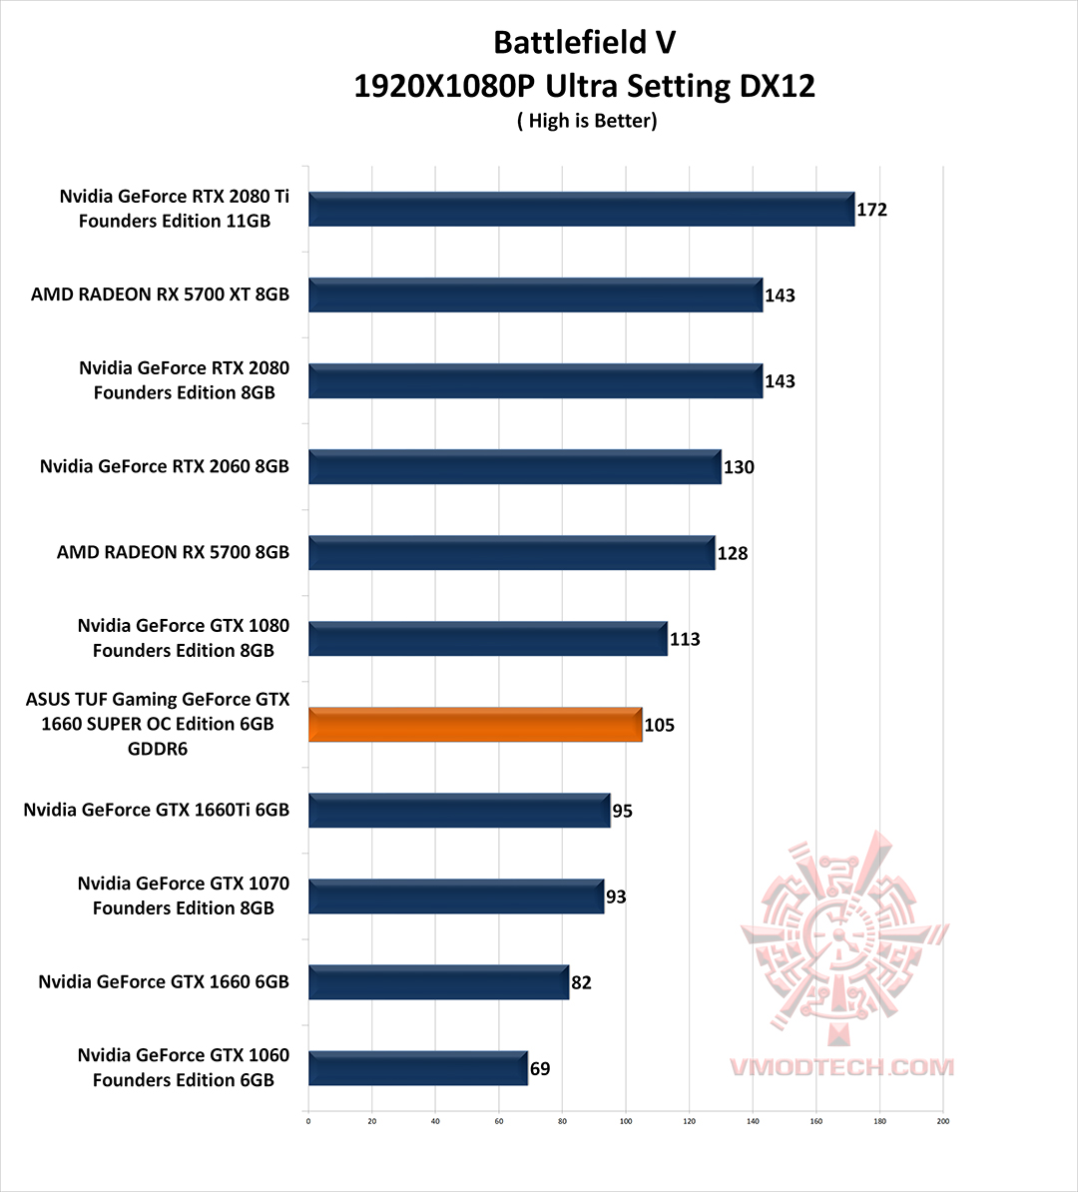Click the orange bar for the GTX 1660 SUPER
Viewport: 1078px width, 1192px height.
click(x=475, y=725)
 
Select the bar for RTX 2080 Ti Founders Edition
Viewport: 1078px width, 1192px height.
click(x=581, y=210)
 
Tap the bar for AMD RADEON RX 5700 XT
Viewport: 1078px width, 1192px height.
click(x=535, y=296)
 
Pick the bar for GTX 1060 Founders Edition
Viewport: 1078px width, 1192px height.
click(x=417, y=1068)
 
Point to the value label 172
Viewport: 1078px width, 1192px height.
click(x=871, y=210)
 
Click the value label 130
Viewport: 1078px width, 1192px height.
click(x=739, y=467)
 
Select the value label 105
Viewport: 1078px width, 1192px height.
click(x=660, y=725)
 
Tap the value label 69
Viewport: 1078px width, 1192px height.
click(x=540, y=1068)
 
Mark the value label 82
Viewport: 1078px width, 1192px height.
click(x=581, y=982)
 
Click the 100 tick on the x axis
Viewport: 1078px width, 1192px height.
click(x=626, y=1121)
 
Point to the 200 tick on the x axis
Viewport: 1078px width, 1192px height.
click(x=943, y=1121)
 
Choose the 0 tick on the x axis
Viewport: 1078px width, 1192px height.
click(x=308, y=1121)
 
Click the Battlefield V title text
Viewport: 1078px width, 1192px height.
click(x=584, y=43)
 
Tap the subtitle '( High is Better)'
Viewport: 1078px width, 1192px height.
click(x=586, y=121)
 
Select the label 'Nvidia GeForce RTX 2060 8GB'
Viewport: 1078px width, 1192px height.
click(x=165, y=466)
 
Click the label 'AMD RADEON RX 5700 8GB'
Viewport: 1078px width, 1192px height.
click(x=173, y=552)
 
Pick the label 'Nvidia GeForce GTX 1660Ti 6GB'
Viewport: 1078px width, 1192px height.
click(x=157, y=810)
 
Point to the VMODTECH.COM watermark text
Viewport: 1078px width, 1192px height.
click(x=841, y=1067)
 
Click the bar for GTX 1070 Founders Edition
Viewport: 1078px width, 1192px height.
click(x=456, y=896)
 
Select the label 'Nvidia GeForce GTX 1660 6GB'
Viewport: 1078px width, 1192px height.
click(x=164, y=981)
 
